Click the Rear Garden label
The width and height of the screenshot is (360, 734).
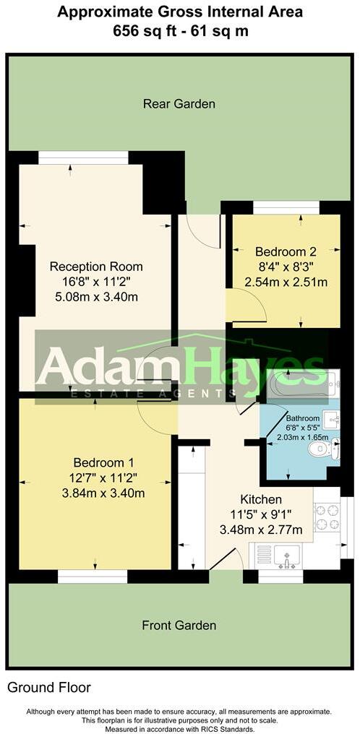[179, 104]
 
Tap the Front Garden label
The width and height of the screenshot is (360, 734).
[178, 626]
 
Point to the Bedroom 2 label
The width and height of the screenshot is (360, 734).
[286, 252]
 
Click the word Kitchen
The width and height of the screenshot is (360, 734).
[261, 500]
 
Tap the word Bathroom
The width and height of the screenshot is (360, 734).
[302, 419]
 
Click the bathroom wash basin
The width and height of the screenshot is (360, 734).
[333, 418]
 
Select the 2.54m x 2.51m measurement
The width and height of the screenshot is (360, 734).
[286, 282]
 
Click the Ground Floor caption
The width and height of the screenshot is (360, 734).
[49, 688]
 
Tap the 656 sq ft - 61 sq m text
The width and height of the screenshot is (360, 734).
[179, 30]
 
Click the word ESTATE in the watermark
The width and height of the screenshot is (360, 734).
[109, 393]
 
